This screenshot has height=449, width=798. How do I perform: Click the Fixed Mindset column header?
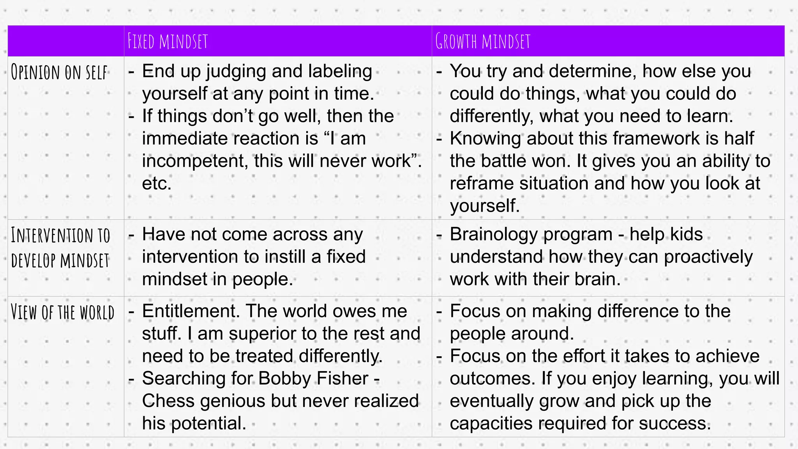(168, 41)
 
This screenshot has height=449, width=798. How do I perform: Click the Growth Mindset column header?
(483, 41)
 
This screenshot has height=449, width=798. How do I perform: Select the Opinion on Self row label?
(59, 72)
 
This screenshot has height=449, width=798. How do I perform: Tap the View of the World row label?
(62, 313)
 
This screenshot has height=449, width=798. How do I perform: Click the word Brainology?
(492, 235)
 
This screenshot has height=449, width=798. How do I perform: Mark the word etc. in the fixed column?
(157, 184)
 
